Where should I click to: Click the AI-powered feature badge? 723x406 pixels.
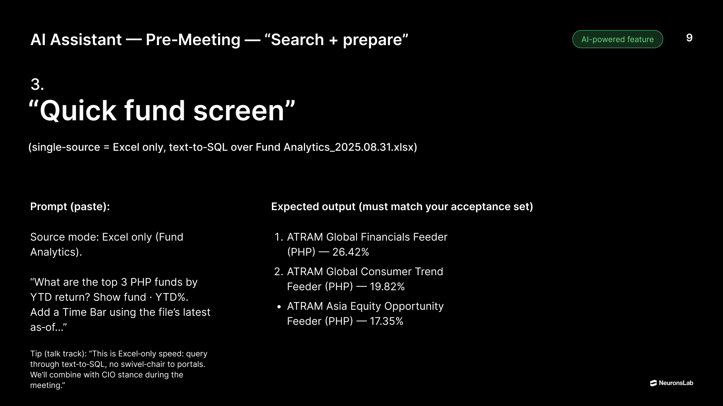pyautogui.click(x=618, y=39)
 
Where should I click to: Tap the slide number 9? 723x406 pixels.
pyautogui.click(x=689, y=38)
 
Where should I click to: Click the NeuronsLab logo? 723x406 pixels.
pyautogui.click(x=671, y=383)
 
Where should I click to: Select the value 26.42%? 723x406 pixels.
pyautogui.click(x=351, y=252)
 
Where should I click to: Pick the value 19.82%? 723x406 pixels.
pyautogui.click(x=387, y=286)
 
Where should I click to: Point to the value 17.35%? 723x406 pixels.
pyautogui.click(x=386, y=321)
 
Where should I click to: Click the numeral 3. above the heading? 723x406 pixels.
pyautogui.click(x=37, y=84)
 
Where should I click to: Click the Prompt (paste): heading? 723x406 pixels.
pyautogui.click(x=70, y=206)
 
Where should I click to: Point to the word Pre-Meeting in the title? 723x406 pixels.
pyautogui.click(x=193, y=39)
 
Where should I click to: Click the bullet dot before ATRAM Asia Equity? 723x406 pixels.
pyautogui.click(x=279, y=307)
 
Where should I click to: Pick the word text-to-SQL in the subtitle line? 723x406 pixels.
pyautogui.click(x=198, y=147)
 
